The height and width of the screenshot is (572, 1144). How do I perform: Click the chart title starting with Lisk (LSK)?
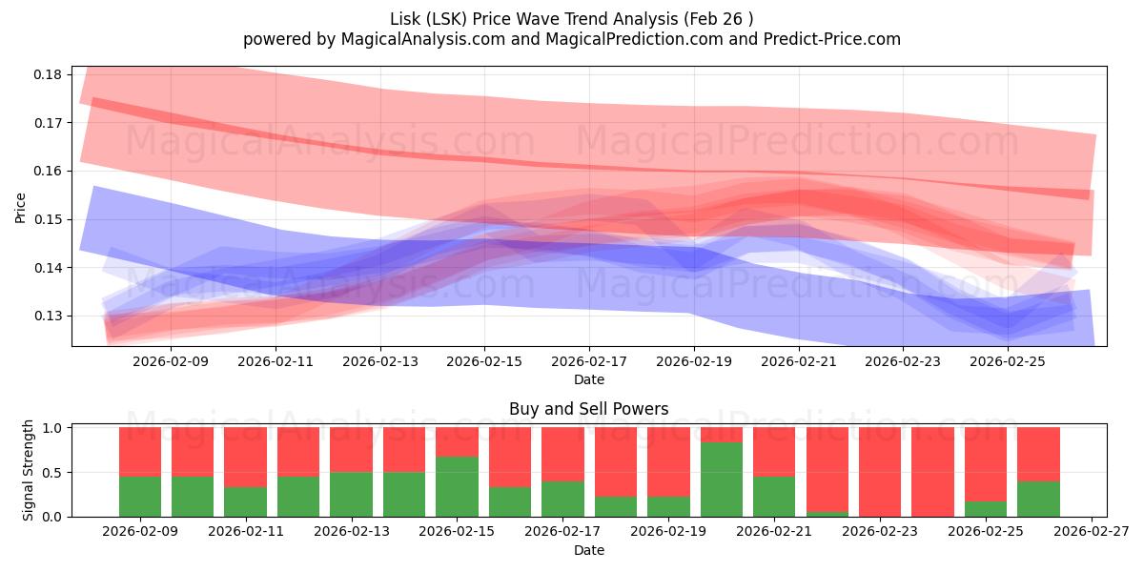pos(571,19)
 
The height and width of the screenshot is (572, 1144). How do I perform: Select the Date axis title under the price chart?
pos(588,379)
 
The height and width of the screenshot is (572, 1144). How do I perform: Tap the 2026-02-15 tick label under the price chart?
pos(484,361)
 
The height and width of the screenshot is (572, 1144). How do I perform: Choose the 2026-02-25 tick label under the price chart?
pos(1009,361)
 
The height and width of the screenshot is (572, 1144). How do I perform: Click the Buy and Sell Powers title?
pos(588,409)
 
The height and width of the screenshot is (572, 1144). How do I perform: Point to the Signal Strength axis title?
pos(29,469)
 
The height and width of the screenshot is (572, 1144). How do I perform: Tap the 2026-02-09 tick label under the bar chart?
pos(140,532)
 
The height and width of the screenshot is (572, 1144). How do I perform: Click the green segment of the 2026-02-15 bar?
pos(457,486)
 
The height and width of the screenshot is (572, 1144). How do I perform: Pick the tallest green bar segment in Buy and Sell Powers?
pos(721,479)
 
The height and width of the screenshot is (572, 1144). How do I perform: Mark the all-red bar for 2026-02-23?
pos(879,472)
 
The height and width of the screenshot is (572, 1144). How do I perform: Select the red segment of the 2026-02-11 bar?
pos(245,457)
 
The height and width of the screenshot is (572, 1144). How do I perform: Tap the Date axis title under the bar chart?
pos(588,550)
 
